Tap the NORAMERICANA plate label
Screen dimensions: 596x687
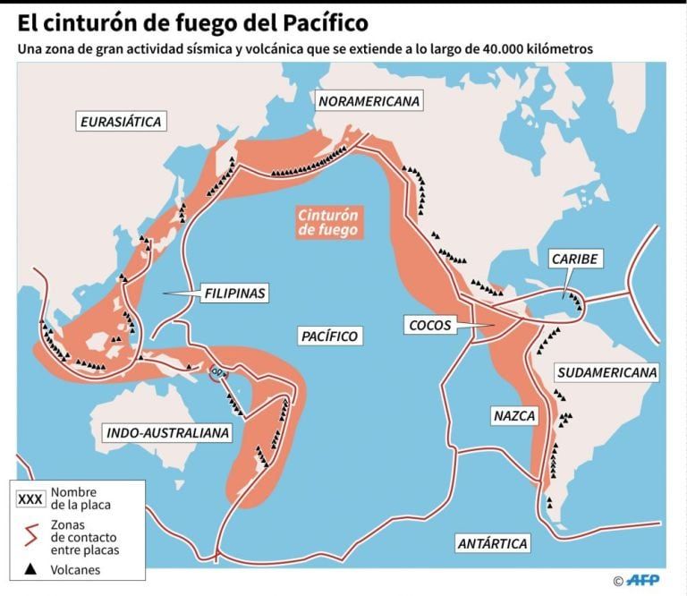[369, 101]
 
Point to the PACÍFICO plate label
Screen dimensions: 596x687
[329, 336]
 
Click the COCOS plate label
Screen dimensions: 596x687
[429, 325]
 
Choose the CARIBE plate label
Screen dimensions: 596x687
[573, 260]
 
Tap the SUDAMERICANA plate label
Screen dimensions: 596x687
[606, 372]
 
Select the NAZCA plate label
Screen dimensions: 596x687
[513, 416]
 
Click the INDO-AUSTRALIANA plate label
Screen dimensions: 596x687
[167, 433]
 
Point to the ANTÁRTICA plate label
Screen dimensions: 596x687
[491, 543]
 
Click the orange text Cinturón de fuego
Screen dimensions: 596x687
[328, 222]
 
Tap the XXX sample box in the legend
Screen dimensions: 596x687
[31, 498]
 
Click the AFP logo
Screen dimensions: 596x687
[646, 580]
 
